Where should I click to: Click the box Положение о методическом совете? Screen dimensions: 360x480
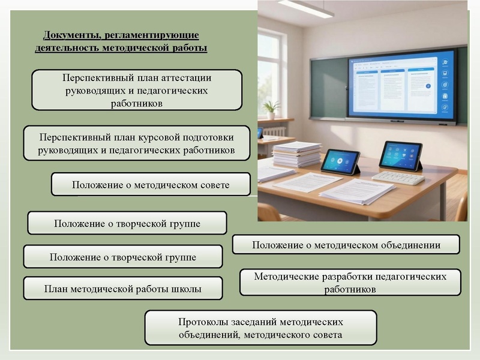pyautogui.click(x=151, y=185)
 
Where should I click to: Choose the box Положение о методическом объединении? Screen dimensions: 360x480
pyautogui.click(x=346, y=245)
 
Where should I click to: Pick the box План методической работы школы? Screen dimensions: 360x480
pyautogui.click(x=122, y=289)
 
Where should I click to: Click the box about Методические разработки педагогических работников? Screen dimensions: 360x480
pyautogui.click(x=350, y=283)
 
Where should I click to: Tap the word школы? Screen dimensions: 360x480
pyautogui.click(x=185, y=289)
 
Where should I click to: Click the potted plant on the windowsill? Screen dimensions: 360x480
pyautogui.click(x=272, y=109)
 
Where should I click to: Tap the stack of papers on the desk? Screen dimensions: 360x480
pyautogui.click(x=296, y=154)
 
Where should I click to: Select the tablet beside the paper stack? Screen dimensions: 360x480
pyautogui.click(x=340, y=161)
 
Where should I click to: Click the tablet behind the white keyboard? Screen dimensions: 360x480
pyautogui.click(x=401, y=155)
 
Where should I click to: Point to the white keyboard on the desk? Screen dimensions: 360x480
pyautogui.click(x=398, y=178)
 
